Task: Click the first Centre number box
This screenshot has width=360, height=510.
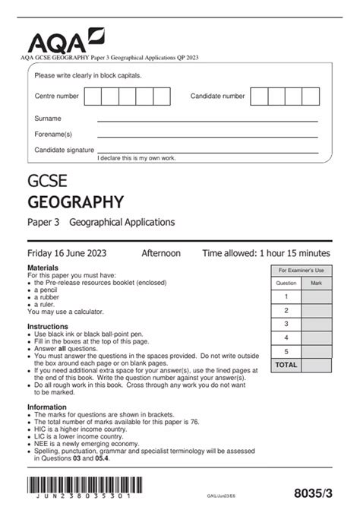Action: tap(93, 97)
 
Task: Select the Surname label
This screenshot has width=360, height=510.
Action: tap(48, 119)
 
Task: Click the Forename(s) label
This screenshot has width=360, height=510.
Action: tap(52, 134)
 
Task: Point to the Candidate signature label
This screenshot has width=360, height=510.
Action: tap(64, 150)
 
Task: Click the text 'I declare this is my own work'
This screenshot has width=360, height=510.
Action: tap(137, 157)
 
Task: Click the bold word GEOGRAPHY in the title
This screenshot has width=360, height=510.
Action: tap(75, 201)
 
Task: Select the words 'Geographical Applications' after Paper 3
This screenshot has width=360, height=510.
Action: tap(122, 222)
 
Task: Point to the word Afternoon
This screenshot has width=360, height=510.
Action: tap(161, 253)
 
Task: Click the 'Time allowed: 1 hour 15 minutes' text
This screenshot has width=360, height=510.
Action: tap(266, 253)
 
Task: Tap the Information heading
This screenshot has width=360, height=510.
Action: tap(47, 407)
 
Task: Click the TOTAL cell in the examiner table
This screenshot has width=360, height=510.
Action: tap(286, 365)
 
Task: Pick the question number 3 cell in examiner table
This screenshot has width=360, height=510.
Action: tap(286, 324)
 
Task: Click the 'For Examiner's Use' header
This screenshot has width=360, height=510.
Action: tap(301, 271)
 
